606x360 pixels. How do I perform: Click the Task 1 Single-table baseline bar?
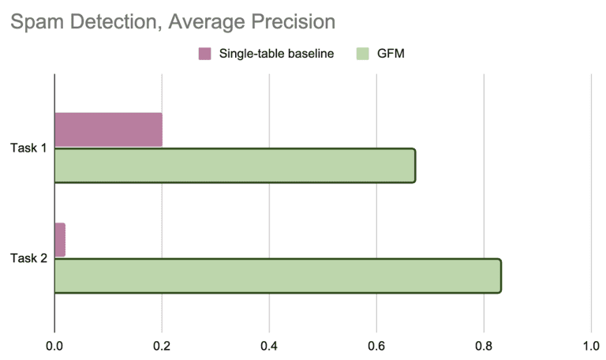pos(108,129)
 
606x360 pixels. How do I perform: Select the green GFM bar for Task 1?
pos(234,166)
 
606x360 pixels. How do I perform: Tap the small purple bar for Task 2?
pos(60,240)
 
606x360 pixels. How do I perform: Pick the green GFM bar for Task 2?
pos(277,276)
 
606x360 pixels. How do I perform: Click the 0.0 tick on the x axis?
pos(54,345)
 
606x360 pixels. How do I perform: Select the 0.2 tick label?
pos(162,345)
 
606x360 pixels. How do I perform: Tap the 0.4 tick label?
pos(269,345)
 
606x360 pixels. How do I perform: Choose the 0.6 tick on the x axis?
pos(376,345)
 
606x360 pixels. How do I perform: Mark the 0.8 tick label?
pos(484,345)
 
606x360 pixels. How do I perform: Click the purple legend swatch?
pos(204,54)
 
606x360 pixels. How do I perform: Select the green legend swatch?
pos(363,54)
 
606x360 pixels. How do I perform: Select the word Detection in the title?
pos(107,23)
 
